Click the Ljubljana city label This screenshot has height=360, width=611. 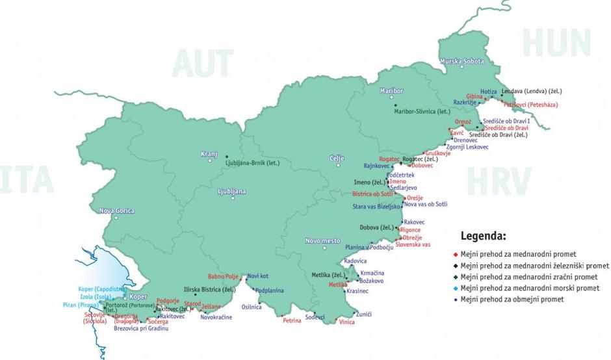click(x=231, y=192)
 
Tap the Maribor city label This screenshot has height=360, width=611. click(x=392, y=91)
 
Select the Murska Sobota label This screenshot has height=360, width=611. click(x=463, y=61)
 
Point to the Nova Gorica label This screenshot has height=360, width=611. click(x=117, y=211)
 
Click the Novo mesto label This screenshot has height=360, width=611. click(x=323, y=241)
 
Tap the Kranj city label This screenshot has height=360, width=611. click(x=209, y=154)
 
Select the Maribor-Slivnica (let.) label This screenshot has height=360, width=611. click(x=422, y=111)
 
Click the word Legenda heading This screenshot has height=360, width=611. click(x=483, y=235)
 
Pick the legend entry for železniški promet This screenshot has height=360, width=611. click(x=534, y=265)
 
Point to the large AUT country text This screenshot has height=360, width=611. click(x=202, y=64)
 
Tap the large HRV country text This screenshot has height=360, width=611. click(x=499, y=181)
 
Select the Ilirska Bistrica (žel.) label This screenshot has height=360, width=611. click(x=210, y=289)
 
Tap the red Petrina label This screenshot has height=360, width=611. click(x=292, y=320)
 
